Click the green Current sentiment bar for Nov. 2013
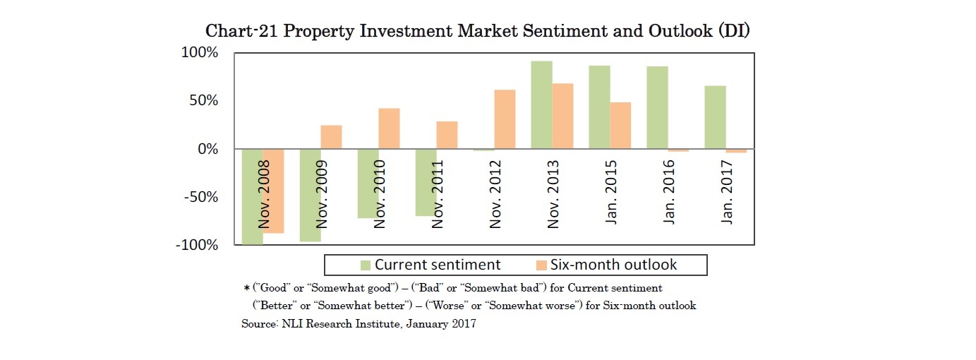(x=541, y=105)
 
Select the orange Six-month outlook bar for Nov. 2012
(x=505, y=119)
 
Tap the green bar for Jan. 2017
(x=715, y=117)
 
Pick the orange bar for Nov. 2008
(x=274, y=191)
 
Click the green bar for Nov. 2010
(x=368, y=184)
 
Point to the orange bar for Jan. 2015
(x=620, y=126)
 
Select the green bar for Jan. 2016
(x=657, y=107)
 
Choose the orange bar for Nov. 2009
(x=331, y=137)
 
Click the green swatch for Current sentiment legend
(x=365, y=265)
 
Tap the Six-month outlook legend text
(x=615, y=265)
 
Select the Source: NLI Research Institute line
(x=359, y=324)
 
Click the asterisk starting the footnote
(x=246, y=289)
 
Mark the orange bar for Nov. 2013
(x=562, y=116)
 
